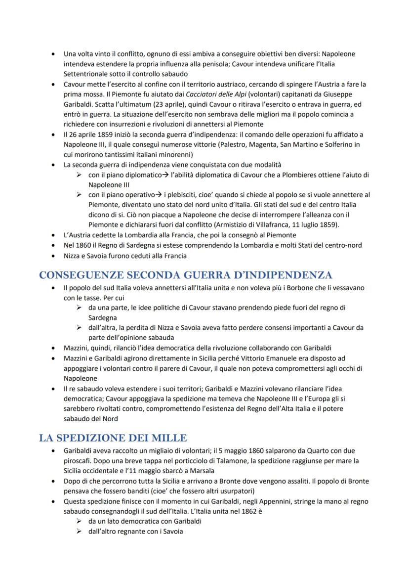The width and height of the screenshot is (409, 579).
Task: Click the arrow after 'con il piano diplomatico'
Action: [166, 175]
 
